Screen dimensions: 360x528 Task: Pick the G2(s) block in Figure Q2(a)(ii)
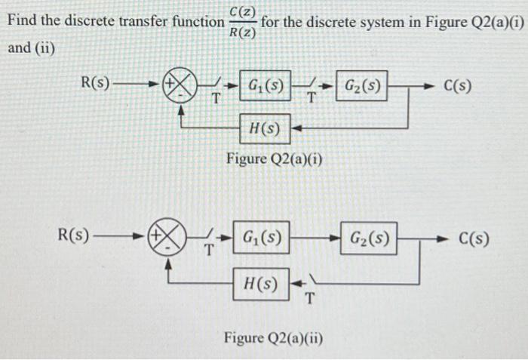pos(370,239)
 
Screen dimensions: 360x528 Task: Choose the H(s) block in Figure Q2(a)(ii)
pos(260,285)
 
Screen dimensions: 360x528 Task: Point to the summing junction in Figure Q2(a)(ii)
pos(167,239)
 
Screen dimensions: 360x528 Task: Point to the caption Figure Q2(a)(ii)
pos(273,337)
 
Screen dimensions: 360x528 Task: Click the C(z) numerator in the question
pos(243,11)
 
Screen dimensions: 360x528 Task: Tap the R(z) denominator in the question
pos(243,32)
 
